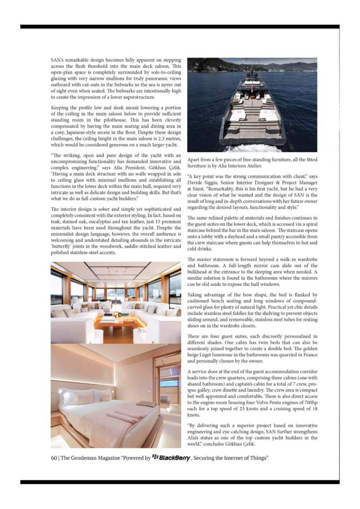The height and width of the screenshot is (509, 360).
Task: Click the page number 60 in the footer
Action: click(x=54, y=458)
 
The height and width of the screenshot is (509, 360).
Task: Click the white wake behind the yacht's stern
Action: click(x=255, y=147)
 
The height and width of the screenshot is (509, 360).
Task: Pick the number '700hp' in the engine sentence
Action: click(x=310, y=403)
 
